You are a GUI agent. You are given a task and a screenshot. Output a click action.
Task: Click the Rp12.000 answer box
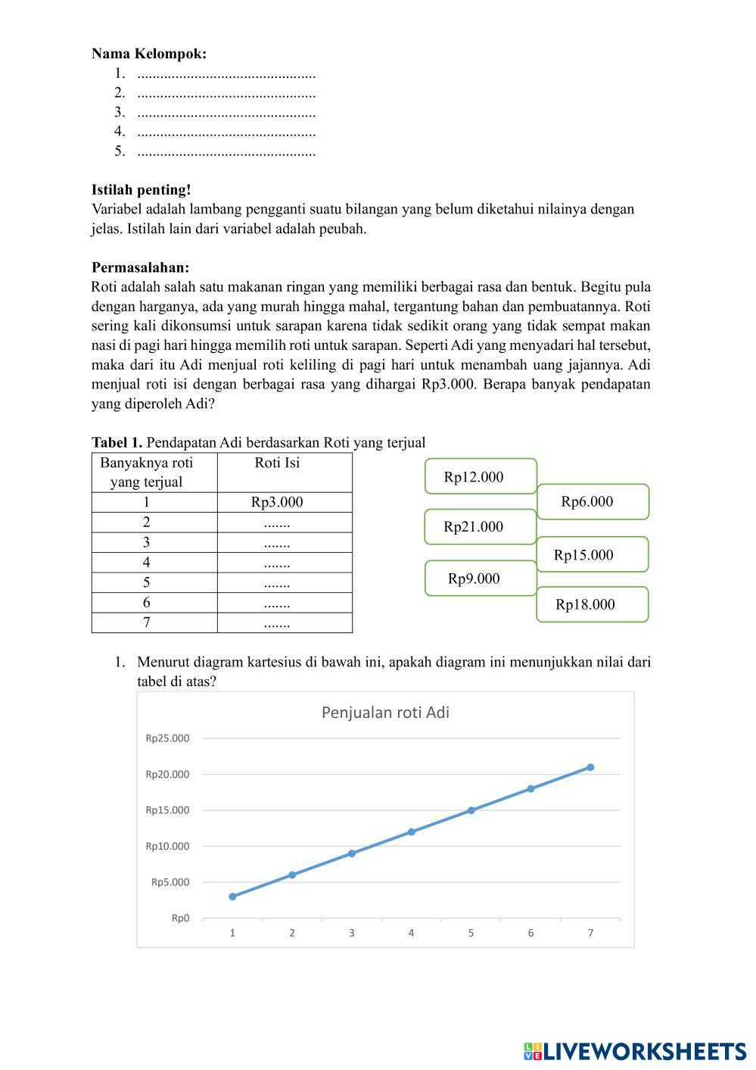481,476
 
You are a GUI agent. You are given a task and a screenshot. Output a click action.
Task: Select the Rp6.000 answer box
593,501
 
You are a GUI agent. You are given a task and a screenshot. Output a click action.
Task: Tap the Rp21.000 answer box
481,526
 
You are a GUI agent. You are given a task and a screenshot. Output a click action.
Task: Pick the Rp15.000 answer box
592,554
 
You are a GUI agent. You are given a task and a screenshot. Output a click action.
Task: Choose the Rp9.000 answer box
481,579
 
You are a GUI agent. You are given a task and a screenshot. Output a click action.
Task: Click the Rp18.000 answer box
592,604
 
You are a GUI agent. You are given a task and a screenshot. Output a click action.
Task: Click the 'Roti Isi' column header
277,463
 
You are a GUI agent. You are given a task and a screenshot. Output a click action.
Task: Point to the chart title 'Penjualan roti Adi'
385,713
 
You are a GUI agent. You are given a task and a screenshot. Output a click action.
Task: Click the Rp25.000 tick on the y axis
168,738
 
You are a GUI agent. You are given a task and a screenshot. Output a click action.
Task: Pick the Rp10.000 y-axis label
168,846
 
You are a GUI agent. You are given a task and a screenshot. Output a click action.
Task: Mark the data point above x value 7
590,767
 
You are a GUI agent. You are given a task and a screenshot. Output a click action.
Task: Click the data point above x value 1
232,897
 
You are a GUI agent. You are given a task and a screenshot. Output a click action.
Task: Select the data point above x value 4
412,831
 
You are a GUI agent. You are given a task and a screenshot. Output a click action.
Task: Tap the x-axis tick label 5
471,933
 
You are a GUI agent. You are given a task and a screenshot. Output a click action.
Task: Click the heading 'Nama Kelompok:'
149,54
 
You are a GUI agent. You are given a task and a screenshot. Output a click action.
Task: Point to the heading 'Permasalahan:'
141,267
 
